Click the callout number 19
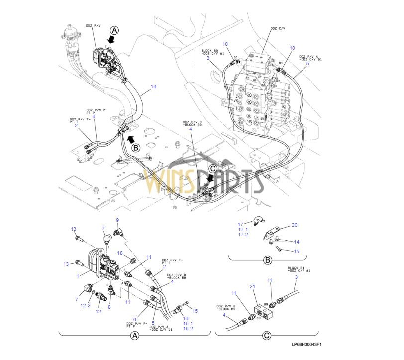153,87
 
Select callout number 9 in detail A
117,220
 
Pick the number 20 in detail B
294,225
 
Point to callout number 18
120,253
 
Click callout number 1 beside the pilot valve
78,276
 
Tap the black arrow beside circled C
210,178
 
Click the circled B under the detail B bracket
267,259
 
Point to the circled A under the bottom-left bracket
134,336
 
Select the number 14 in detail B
296,242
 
